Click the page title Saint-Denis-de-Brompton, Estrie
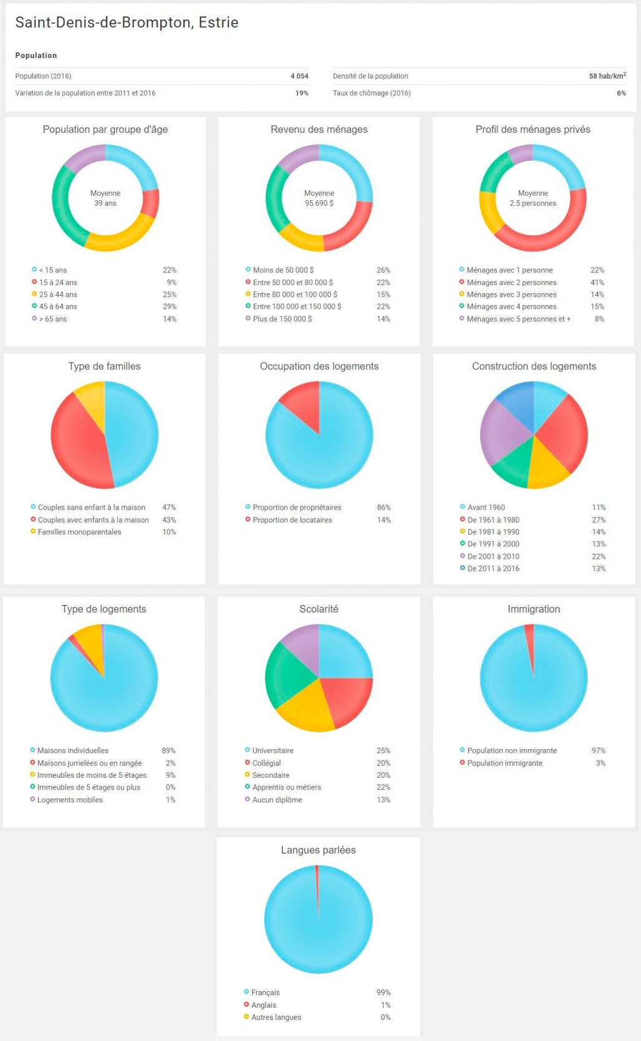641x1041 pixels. tap(127, 22)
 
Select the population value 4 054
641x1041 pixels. tap(299, 76)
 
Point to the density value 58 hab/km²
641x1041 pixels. tap(607, 76)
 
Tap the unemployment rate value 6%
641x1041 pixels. tap(621, 93)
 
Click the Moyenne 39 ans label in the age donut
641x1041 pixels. tap(105, 198)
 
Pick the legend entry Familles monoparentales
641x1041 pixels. tap(79, 532)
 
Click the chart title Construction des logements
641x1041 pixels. tap(534, 366)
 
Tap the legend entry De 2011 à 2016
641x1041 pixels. tap(493, 568)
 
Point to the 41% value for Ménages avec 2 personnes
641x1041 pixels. tap(597, 283)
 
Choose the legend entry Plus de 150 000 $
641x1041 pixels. tap(282, 319)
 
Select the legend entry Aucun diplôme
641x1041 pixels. tap(277, 800)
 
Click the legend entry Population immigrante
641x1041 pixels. tap(504, 763)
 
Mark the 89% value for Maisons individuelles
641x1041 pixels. tap(168, 750)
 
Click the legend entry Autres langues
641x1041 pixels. tap(276, 1017)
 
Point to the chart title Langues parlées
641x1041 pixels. tap(318, 850)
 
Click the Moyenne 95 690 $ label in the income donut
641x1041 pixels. tap(319, 198)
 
